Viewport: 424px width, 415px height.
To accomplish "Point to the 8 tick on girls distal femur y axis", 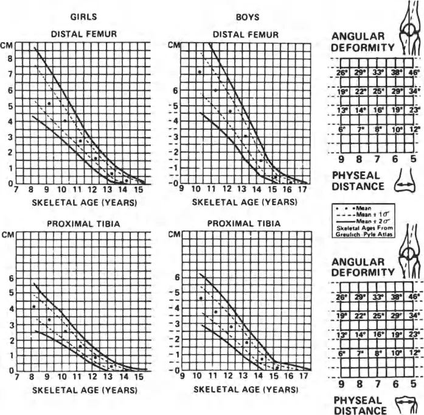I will tap(9, 59).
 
